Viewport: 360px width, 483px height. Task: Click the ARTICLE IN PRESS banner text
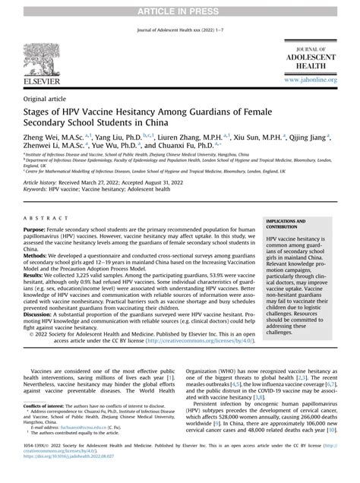[x=180, y=6]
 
